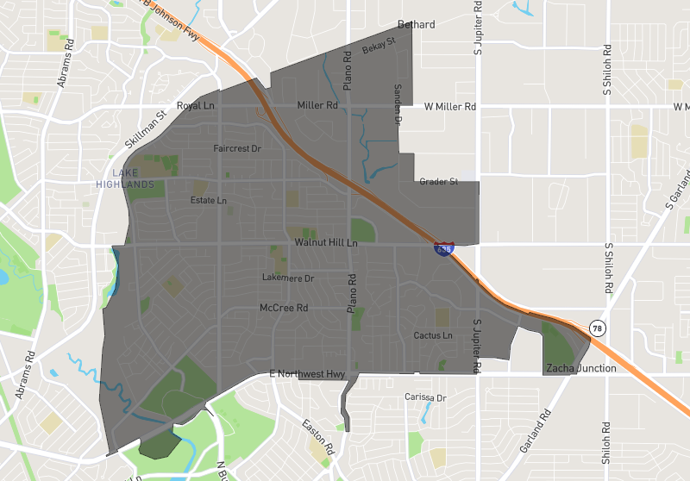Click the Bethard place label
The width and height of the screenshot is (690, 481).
[417, 24]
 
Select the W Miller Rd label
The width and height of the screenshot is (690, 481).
[450, 107]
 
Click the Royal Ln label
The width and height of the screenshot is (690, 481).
[195, 106]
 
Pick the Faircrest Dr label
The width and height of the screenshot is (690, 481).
[237, 148]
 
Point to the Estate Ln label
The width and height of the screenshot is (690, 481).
[209, 201]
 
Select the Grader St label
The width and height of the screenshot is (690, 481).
[436, 182]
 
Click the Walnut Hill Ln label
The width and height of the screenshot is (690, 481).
[326, 244]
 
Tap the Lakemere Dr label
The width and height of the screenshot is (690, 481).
[288, 278]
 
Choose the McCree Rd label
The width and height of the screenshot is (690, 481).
[284, 308]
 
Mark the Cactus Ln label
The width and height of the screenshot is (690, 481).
[433, 335]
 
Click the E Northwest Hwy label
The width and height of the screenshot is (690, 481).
[307, 373]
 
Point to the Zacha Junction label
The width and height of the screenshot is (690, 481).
[581, 368]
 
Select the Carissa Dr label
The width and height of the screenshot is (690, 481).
[425, 397]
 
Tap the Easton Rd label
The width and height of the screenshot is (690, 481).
[317, 437]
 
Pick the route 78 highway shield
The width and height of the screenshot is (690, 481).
[596, 328]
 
